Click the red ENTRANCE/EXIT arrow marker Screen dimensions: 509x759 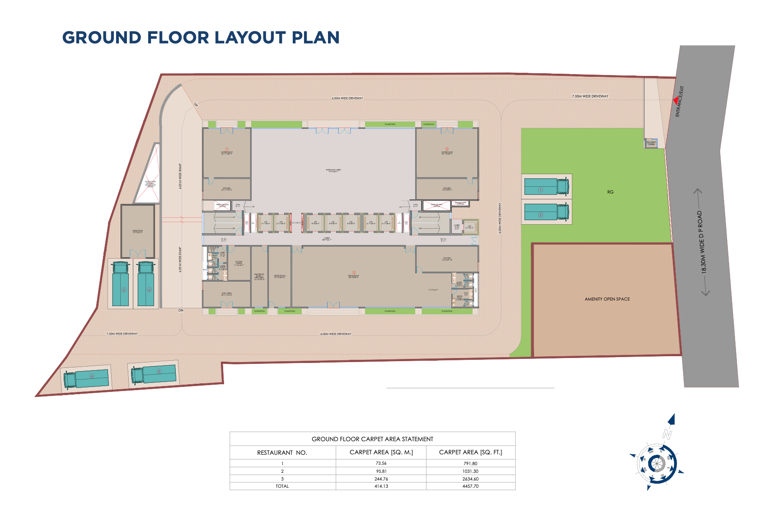click(676, 100)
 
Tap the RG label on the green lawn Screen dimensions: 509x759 click(610, 192)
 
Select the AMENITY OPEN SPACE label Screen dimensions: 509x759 click(607, 299)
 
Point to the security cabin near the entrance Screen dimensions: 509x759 click(651, 143)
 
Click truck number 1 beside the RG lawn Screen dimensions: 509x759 click(547, 186)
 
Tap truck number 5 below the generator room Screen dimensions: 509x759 click(121, 284)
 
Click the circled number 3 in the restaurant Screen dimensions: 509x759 click(354, 273)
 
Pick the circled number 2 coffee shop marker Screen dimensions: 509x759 click(447, 149)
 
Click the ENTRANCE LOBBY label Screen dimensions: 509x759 click(333, 170)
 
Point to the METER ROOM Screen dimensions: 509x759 click(280, 276)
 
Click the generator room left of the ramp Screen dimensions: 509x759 click(138, 231)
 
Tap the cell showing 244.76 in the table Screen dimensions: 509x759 click(381, 479)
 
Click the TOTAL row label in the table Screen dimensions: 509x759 click(282, 486)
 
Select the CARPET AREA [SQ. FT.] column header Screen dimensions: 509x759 click(470, 452)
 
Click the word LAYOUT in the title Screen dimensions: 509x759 click(217, 38)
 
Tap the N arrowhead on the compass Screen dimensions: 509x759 click(672, 419)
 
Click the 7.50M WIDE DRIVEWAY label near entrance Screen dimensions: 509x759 click(590, 96)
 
